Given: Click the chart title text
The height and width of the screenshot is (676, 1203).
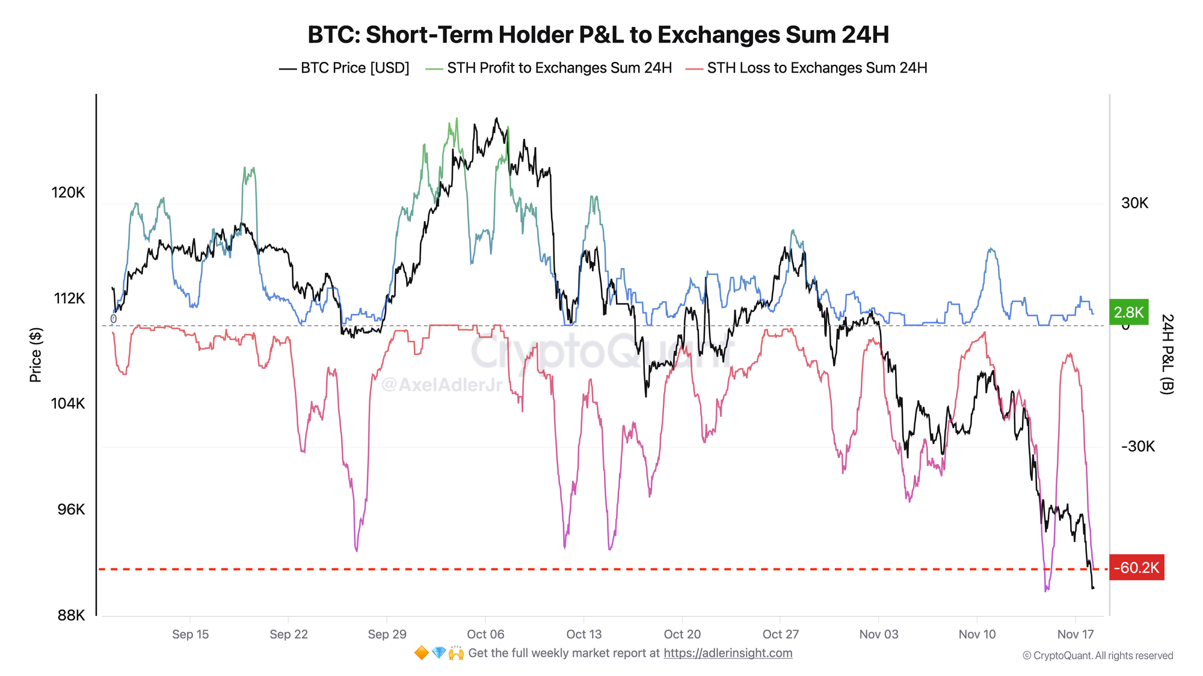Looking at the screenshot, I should (x=598, y=35).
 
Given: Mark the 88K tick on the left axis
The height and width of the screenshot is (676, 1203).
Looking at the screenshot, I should (x=71, y=615).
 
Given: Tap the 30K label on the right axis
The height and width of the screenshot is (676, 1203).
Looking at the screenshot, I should (x=1134, y=203).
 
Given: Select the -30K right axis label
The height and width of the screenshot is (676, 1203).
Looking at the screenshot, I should (x=1137, y=446).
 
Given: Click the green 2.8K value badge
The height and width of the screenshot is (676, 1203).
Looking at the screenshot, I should (x=1128, y=312).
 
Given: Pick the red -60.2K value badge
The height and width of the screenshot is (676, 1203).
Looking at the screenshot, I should (x=1136, y=567).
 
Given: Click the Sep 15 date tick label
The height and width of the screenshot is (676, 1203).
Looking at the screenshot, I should (x=190, y=634).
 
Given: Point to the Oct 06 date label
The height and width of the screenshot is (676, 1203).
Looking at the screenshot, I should (x=485, y=634).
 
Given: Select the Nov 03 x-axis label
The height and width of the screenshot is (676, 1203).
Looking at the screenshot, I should (x=878, y=634).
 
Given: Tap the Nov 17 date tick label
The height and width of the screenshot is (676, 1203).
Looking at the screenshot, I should (x=1075, y=634).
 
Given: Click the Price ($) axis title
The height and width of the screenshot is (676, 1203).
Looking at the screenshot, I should (x=35, y=355).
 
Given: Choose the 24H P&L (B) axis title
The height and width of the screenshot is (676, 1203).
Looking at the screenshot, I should (x=1166, y=354).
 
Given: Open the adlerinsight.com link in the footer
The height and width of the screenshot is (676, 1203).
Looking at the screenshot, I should (x=728, y=653).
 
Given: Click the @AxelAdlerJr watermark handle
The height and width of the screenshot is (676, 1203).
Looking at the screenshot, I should (x=442, y=385).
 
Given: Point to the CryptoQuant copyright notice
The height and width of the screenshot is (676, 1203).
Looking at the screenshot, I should (x=1098, y=656).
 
